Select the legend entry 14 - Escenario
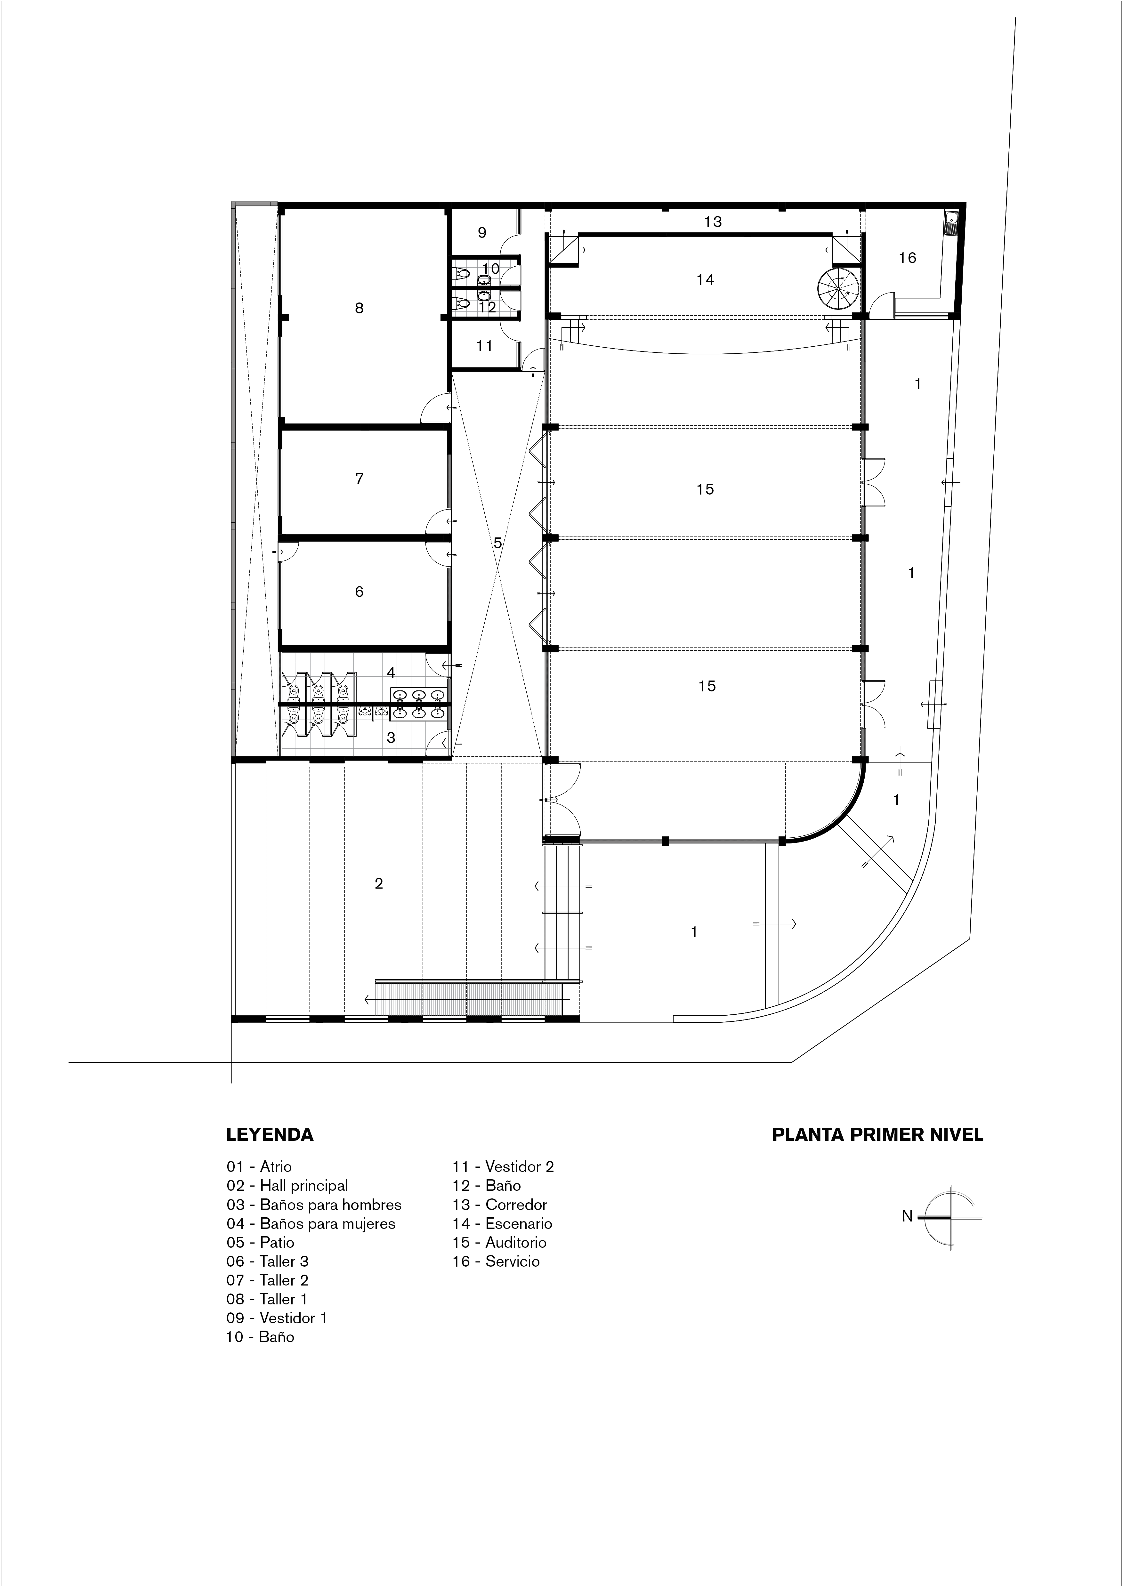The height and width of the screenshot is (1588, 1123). pos(502,1223)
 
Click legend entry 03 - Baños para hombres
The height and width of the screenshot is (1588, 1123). pos(314,1205)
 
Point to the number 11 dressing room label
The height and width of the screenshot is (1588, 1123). pos(484,346)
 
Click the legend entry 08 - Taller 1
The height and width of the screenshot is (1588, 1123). pos(267,1299)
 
